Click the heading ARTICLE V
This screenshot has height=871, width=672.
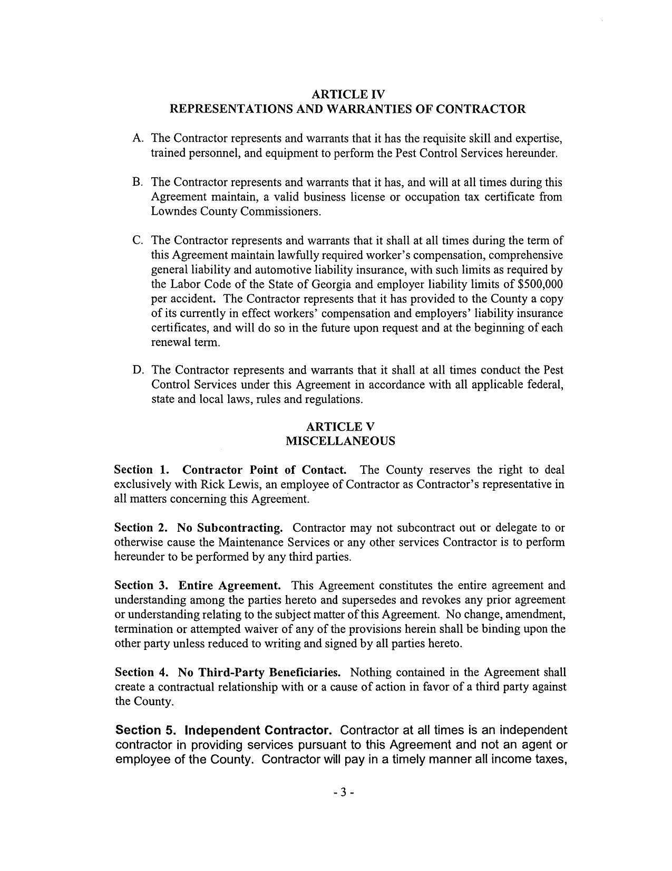(x=340, y=426)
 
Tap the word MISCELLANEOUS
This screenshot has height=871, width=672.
(x=340, y=441)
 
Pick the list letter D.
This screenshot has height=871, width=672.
(x=138, y=370)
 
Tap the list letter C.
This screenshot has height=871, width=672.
(x=138, y=241)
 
